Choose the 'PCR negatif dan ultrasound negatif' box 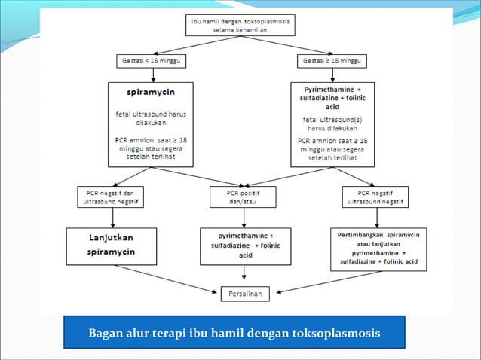point(112,197)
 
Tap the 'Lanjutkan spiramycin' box point(112,246)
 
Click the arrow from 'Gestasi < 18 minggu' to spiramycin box point(154,74)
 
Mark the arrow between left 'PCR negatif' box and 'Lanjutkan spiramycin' point(112,217)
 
